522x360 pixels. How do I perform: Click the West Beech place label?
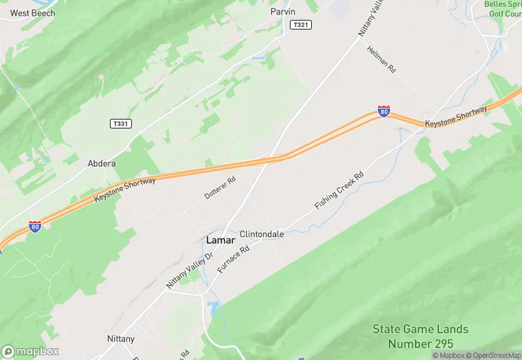[x=32, y=12]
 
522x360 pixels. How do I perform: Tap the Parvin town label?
[x=283, y=11]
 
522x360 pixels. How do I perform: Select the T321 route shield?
[x=300, y=25]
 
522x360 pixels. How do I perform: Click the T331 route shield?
[x=120, y=124]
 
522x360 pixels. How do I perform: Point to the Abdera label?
[x=102, y=164]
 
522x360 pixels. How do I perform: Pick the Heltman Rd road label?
[x=382, y=60]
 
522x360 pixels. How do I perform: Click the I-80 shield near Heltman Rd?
[x=384, y=111]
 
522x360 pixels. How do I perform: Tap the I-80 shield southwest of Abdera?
[x=35, y=226]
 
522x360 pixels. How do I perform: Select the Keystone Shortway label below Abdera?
[x=126, y=190]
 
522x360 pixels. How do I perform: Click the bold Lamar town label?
[x=220, y=240]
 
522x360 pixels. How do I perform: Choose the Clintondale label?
[x=262, y=234]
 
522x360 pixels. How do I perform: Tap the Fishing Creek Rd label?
[x=339, y=191]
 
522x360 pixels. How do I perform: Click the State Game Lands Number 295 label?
[x=420, y=336]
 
